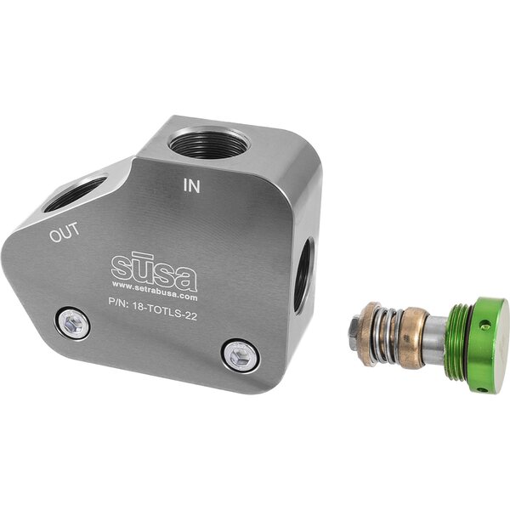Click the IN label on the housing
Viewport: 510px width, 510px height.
pyautogui.click(x=191, y=185)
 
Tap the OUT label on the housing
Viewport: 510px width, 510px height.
pyautogui.click(x=65, y=232)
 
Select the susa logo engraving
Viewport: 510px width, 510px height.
pyautogui.click(x=154, y=271)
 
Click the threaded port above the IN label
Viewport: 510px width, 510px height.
pyautogui.click(x=208, y=141)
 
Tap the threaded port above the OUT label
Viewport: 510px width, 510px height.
pyautogui.click(x=75, y=193)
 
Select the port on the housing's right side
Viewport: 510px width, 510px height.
pyautogui.click(x=304, y=275)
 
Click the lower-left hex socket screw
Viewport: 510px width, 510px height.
pyautogui.click(x=72, y=324)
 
